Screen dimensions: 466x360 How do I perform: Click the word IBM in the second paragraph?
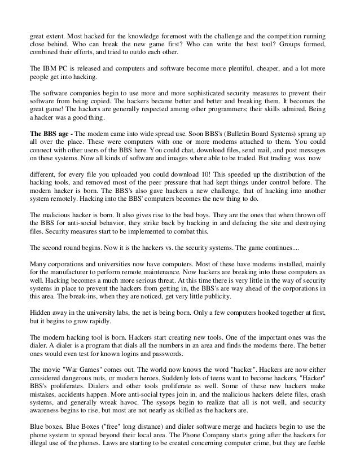pyautogui.click(x=46, y=68)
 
